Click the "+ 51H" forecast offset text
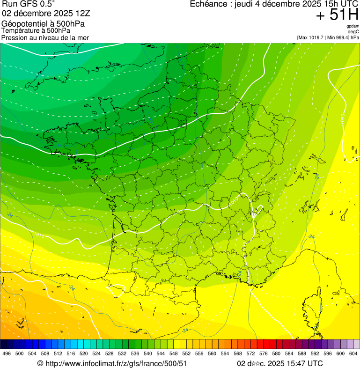point(337,15)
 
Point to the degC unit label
point(353,32)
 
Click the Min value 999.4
point(344,37)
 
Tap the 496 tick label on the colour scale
point(7,353)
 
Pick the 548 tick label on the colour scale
point(173,353)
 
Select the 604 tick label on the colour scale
point(353,353)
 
